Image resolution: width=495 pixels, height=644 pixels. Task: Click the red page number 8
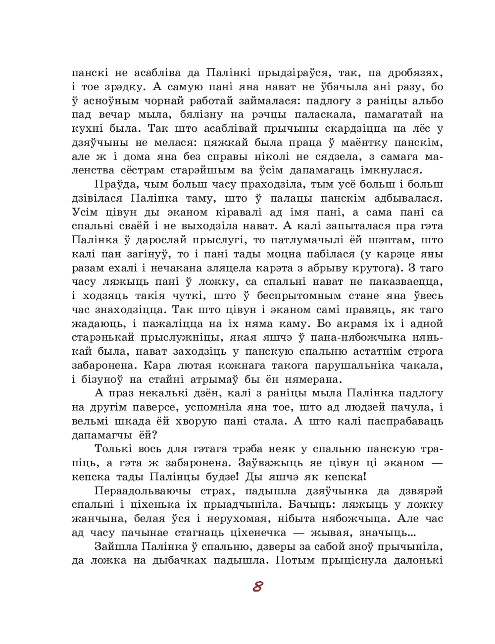pyautogui.click(x=257, y=587)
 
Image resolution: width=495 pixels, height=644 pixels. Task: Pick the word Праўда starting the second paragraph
pyautogui.click(x=111, y=184)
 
